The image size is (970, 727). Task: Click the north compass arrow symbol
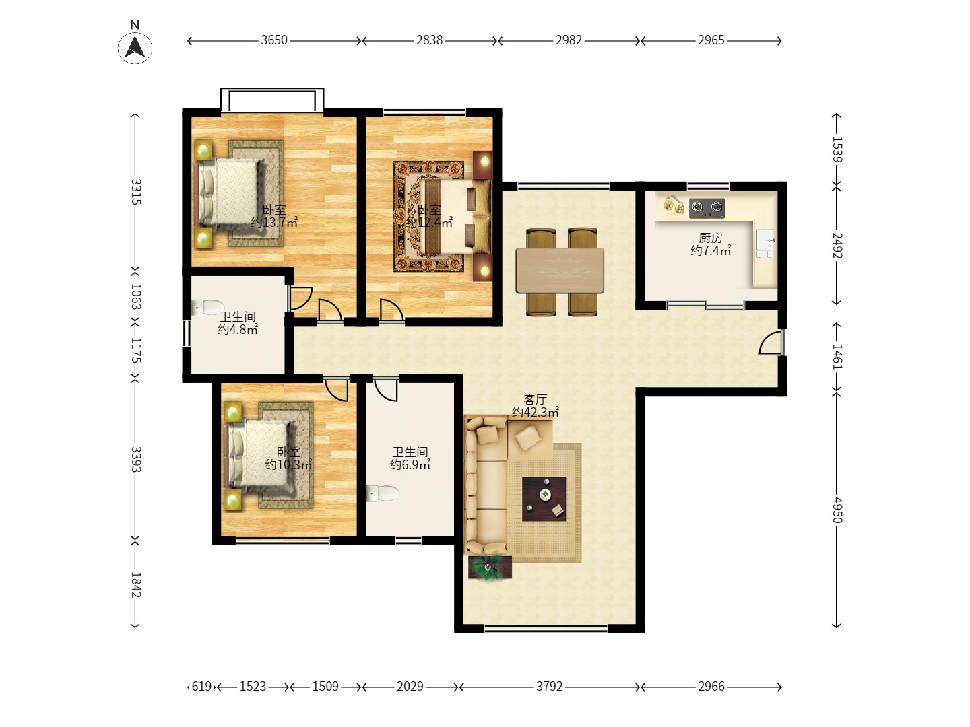[x=135, y=48]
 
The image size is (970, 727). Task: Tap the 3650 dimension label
[x=274, y=40]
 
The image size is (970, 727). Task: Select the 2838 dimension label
[x=429, y=40]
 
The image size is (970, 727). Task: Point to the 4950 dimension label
[x=837, y=510]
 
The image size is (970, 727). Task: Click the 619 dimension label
[x=202, y=687]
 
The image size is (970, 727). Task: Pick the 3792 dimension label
[x=549, y=687]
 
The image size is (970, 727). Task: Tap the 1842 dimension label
[x=135, y=585]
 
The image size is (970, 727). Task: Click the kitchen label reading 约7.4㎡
[x=711, y=250]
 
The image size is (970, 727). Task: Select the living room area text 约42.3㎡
[x=535, y=412]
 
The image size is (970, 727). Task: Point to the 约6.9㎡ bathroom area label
[x=410, y=464]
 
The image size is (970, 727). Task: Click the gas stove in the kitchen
[x=707, y=208]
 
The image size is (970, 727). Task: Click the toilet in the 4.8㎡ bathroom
[x=208, y=308]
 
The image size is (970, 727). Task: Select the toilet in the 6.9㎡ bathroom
[x=383, y=493]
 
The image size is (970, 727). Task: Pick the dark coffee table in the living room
[x=544, y=499]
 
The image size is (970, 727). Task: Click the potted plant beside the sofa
[x=490, y=567]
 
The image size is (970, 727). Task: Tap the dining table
[x=560, y=271]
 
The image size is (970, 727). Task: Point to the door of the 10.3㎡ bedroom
[x=337, y=389]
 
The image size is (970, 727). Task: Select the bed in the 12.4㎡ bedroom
[x=456, y=216]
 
